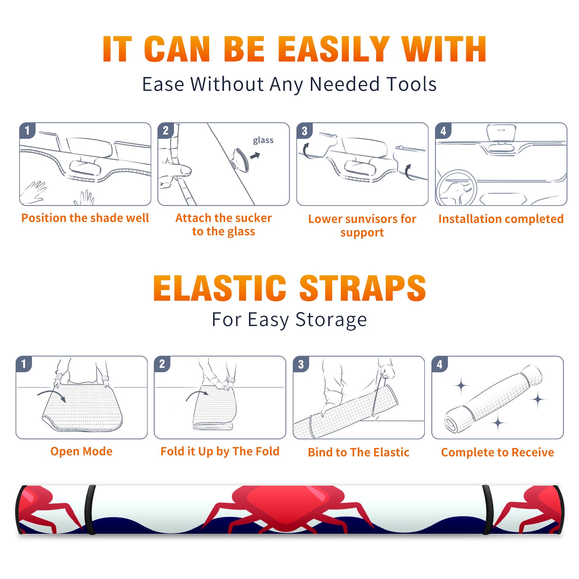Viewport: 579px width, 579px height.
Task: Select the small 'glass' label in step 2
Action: (x=263, y=140)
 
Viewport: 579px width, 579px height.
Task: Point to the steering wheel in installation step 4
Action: (x=456, y=188)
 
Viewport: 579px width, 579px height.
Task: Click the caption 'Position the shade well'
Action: (x=85, y=218)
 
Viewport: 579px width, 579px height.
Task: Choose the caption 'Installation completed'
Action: (x=501, y=219)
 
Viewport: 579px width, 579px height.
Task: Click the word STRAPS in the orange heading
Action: (x=363, y=288)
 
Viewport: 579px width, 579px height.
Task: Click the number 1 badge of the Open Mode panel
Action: (x=24, y=364)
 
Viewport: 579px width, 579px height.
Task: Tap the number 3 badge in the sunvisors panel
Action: (x=304, y=131)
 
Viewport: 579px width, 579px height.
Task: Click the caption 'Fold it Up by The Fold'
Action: (x=220, y=452)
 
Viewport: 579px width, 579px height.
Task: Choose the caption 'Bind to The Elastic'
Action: (x=359, y=452)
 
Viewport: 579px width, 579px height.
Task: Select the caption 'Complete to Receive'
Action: (x=498, y=452)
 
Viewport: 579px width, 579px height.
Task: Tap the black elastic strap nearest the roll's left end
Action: (x=90, y=510)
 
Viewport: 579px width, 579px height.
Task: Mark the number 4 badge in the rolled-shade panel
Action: (x=440, y=364)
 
